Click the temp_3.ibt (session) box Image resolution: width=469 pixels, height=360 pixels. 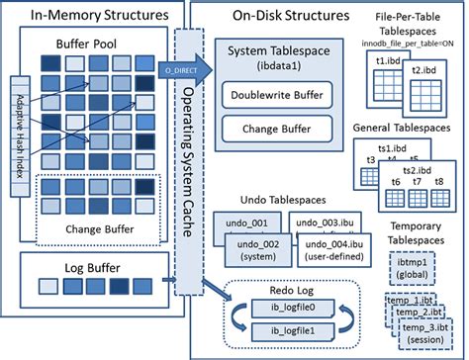pyautogui.click(x=424, y=327)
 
